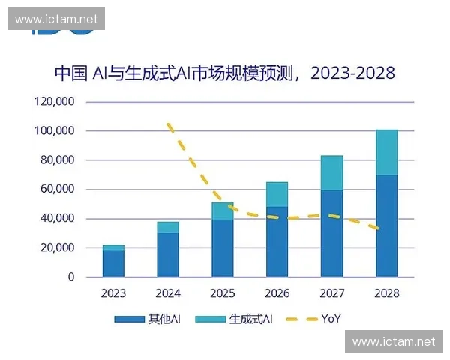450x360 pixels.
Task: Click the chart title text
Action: [x=224, y=73]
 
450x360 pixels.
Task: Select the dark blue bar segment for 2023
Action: [x=113, y=263]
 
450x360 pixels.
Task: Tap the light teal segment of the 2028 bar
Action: [x=386, y=152]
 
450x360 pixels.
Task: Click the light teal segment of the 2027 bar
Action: [x=331, y=173]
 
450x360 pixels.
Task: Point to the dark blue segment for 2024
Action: [x=168, y=254]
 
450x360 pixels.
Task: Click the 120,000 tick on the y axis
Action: [x=54, y=102]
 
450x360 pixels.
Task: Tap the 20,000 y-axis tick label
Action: [x=57, y=248]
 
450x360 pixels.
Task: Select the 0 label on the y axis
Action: [x=71, y=277]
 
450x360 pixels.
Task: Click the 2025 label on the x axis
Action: [x=223, y=292]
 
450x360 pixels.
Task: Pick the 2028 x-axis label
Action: [x=386, y=292]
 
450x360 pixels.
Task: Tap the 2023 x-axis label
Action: [x=113, y=292]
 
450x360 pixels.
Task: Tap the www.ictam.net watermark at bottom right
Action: [x=394, y=342]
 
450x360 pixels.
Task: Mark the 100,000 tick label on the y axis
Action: [x=54, y=131]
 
